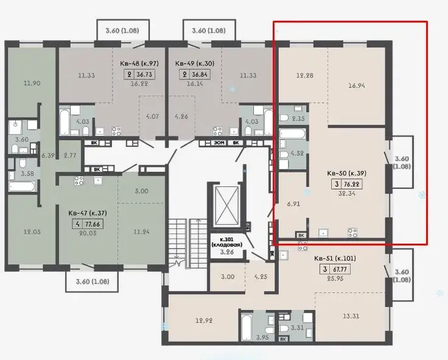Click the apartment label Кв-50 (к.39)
click(x=346, y=173)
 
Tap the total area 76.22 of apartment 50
click(x=352, y=184)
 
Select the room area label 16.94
click(x=357, y=85)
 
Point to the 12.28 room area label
click(x=304, y=76)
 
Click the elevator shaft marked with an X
click(x=226, y=206)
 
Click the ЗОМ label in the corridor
click(x=219, y=143)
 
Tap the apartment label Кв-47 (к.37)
click(x=88, y=213)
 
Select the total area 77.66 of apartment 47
click(x=93, y=224)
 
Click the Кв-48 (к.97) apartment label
click(x=139, y=63)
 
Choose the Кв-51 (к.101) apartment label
click(x=335, y=258)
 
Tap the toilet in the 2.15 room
click(x=284, y=118)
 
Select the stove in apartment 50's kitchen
click(x=352, y=232)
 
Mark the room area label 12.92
click(x=204, y=320)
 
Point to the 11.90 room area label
click(x=32, y=83)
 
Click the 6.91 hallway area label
click(x=293, y=204)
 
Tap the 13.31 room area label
click(x=351, y=316)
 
